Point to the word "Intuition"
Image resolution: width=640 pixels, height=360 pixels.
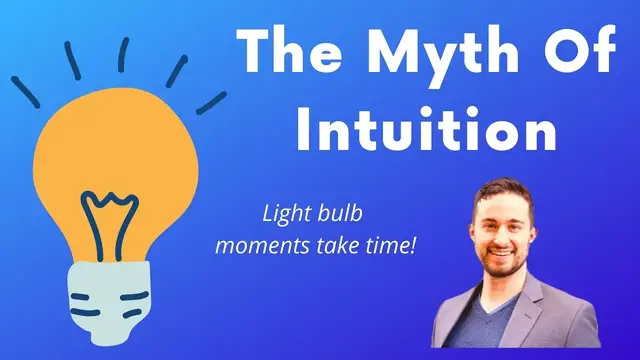click(x=424, y=129)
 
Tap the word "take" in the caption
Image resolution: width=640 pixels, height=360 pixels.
click(x=346, y=242)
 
